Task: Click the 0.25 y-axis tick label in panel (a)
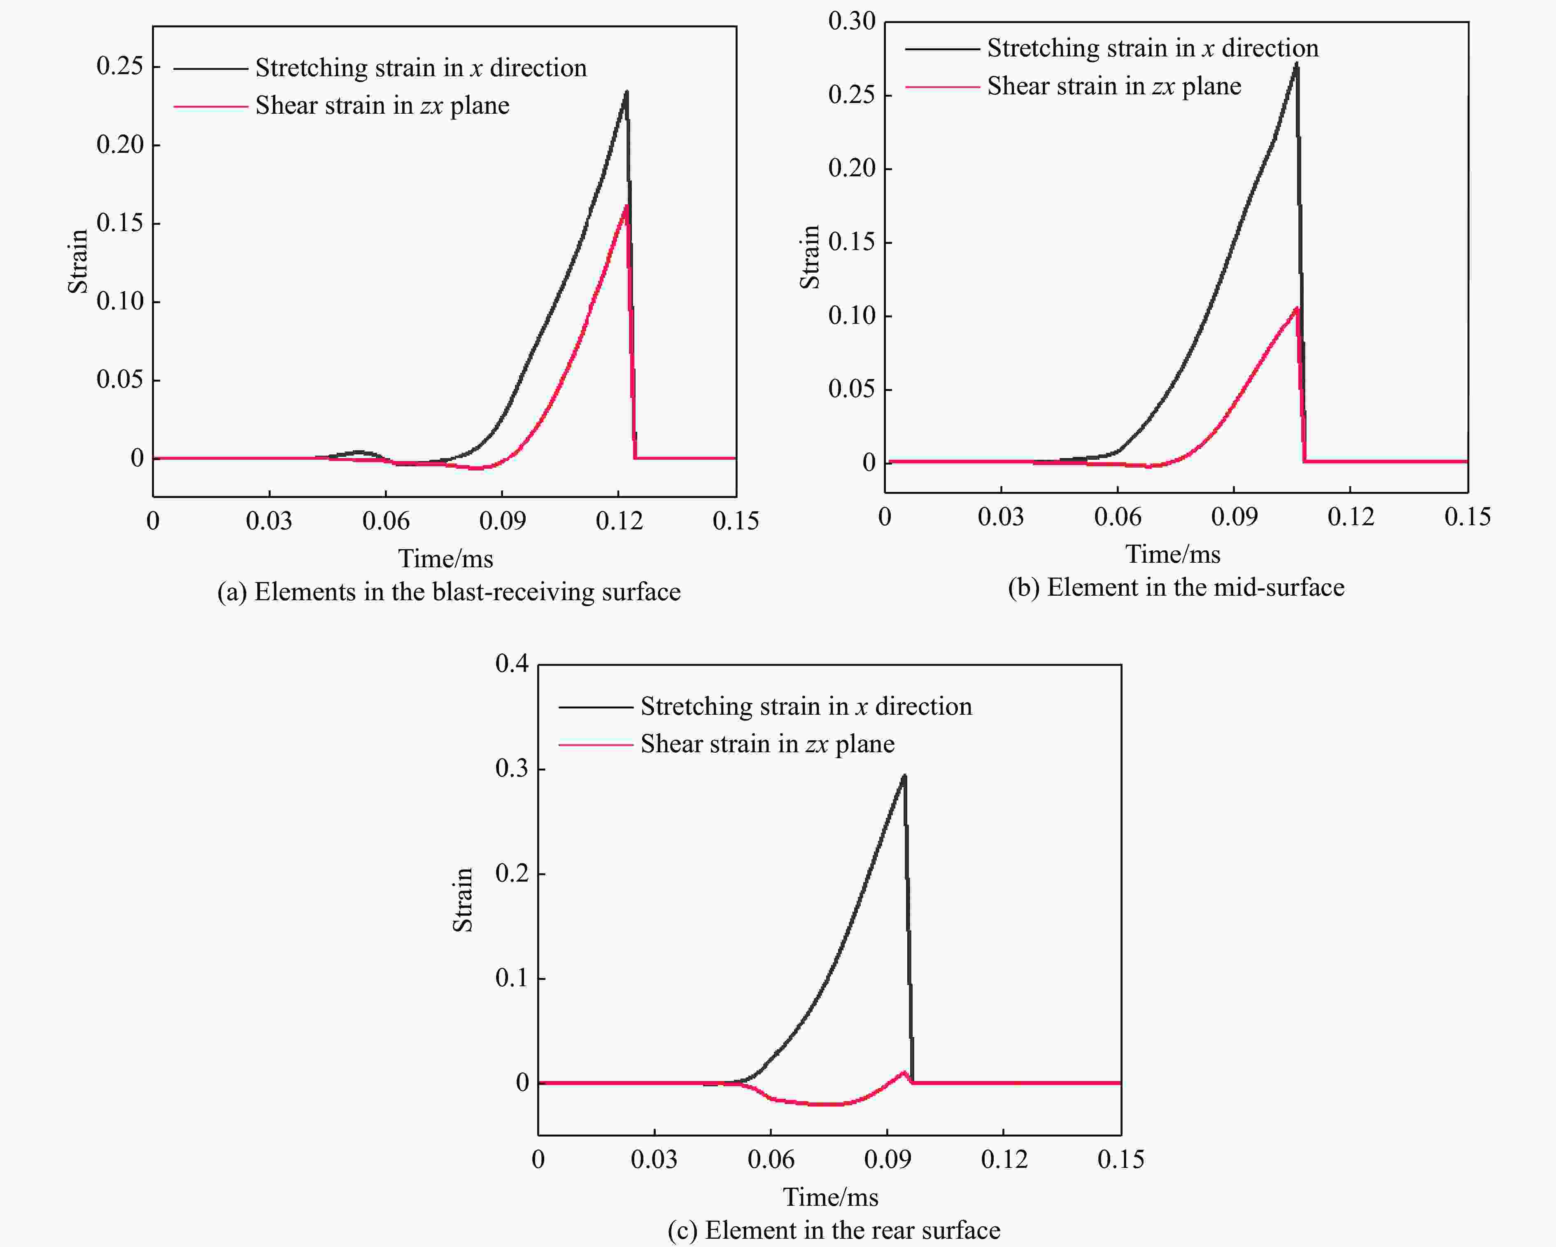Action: click(120, 66)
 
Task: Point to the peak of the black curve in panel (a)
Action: click(627, 92)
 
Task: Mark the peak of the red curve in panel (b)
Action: click(1296, 309)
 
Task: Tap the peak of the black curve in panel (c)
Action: click(904, 776)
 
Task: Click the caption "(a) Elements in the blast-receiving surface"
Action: click(449, 592)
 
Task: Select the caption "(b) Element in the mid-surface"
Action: click(1176, 587)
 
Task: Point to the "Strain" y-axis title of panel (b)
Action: click(810, 257)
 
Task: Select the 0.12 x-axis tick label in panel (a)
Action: click(619, 521)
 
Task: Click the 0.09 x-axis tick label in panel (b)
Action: click(1233, 516)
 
